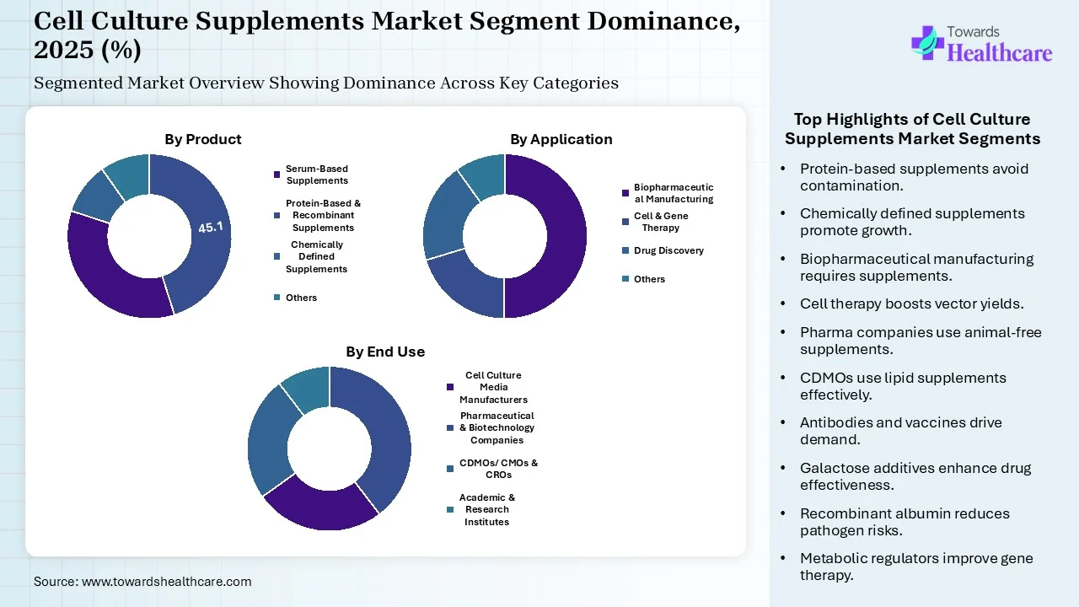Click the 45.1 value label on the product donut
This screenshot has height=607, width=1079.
[210, 228]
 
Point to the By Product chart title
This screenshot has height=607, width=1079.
[202, 139]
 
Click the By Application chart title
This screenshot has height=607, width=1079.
[561, 139]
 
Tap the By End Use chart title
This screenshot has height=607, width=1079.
[384, 352]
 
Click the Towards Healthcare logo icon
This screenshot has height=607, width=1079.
[926, 42]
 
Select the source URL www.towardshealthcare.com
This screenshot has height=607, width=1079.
[166, 581]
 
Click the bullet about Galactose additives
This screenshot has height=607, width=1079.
[915, 476]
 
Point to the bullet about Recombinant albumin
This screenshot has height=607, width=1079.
[905, 522]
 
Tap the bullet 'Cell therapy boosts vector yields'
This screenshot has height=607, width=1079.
[911, 303]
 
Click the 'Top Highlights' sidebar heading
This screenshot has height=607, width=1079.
[912, 129]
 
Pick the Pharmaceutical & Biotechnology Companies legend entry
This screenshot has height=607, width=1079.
[497, 427]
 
